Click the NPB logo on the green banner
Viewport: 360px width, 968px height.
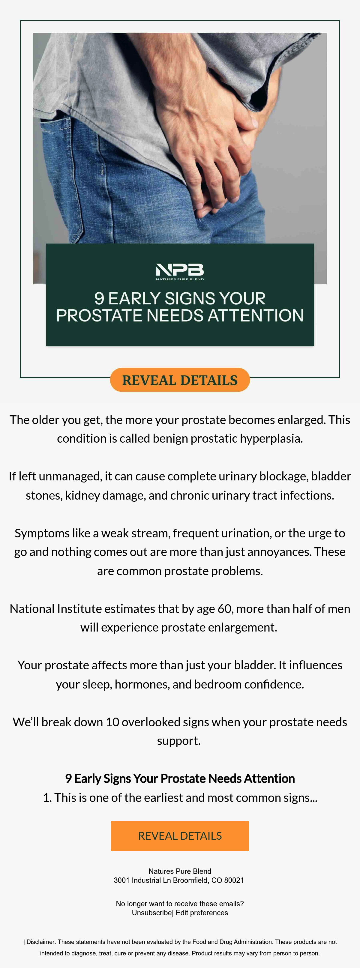point(180,272)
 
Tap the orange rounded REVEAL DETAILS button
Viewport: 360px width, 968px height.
point(180,380)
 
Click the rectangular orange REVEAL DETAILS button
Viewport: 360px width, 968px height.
point(180,836)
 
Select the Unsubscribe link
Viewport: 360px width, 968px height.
point(152,913)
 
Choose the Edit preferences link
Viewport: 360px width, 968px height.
point(202,913)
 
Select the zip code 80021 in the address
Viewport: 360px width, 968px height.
point(234,880)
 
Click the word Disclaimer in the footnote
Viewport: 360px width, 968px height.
point(40,942)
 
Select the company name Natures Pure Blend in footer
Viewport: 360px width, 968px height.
point(180,871)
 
